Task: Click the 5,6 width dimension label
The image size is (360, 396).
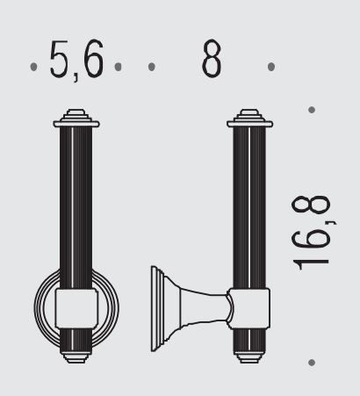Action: point(76,60)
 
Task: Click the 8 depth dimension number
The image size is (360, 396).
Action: point(212,58)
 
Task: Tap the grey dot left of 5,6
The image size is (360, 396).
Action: point(33,67)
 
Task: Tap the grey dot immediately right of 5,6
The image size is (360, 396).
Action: point(118,67)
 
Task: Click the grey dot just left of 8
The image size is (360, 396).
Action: point(151,67)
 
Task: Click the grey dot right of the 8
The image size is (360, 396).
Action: point(271,67)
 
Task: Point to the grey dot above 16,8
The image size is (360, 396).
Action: point(312,110)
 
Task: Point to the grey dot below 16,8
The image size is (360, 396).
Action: point(312,363)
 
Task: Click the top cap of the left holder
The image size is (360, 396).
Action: point(76,119)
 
